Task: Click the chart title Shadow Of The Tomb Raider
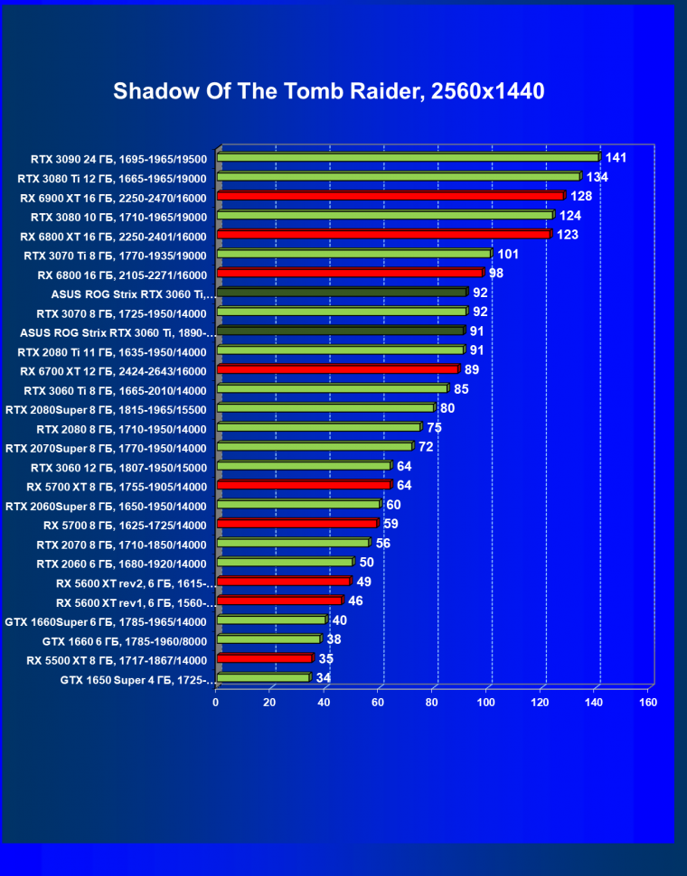tap(328, 92)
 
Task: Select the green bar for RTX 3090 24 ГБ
tap(408, 157)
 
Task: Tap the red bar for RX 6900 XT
tap(391, 196)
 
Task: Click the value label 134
tap(596, 177)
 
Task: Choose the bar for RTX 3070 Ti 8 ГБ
tap(353, 255)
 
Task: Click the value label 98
tap(495, 274)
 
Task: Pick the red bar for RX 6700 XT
tap(337, 369)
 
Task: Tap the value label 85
tap(460, 389)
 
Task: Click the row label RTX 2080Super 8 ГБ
tap(106, 409)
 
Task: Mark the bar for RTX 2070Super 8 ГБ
tap(315, 447)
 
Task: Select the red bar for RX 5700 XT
tap(304, 486)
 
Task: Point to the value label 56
tap(382, 544)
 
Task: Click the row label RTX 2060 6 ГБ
tap(122, 564)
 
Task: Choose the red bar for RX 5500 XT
tap(264, 658)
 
